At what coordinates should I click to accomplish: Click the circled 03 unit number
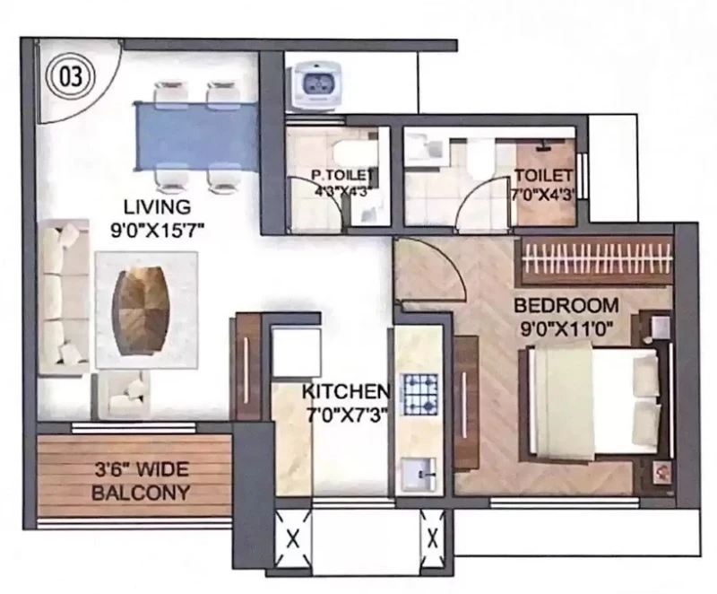(x=71, y=76)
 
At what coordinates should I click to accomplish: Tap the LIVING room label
(x=158, y=207)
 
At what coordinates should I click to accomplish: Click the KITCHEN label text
(x=346, y=391)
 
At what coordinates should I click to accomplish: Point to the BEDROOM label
(x=566, y=305)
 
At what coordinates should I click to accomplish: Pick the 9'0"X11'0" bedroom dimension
(x=566, y=328)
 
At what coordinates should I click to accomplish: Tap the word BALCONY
(x=141, y=493)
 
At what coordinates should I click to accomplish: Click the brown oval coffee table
(x=144, y=311)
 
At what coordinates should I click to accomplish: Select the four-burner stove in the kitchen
(x=419, y=393)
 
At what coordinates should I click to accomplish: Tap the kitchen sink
(x=419, y=475)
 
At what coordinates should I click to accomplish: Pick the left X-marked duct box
(x=293, y=539)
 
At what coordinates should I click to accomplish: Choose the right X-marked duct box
(x=432, y=539)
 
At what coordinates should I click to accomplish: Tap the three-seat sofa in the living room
(x=64, y=298)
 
